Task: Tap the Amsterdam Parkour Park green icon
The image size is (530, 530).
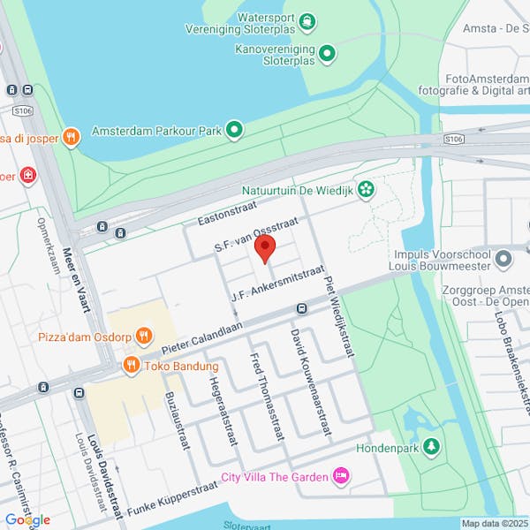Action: [234, 131]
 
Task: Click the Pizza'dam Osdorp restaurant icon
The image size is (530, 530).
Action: [145, 337]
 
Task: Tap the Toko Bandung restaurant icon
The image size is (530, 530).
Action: [131, 365]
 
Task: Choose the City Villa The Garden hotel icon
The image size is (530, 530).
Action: [341, 477]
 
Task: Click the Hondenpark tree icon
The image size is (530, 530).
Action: [431, 447]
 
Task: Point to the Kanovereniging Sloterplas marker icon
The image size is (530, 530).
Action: [328, 54]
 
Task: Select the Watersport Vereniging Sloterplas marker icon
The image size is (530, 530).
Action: [307, 20]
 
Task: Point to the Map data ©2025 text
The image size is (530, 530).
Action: [494, 523]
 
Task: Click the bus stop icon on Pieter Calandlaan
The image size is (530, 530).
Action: [301, 308]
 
